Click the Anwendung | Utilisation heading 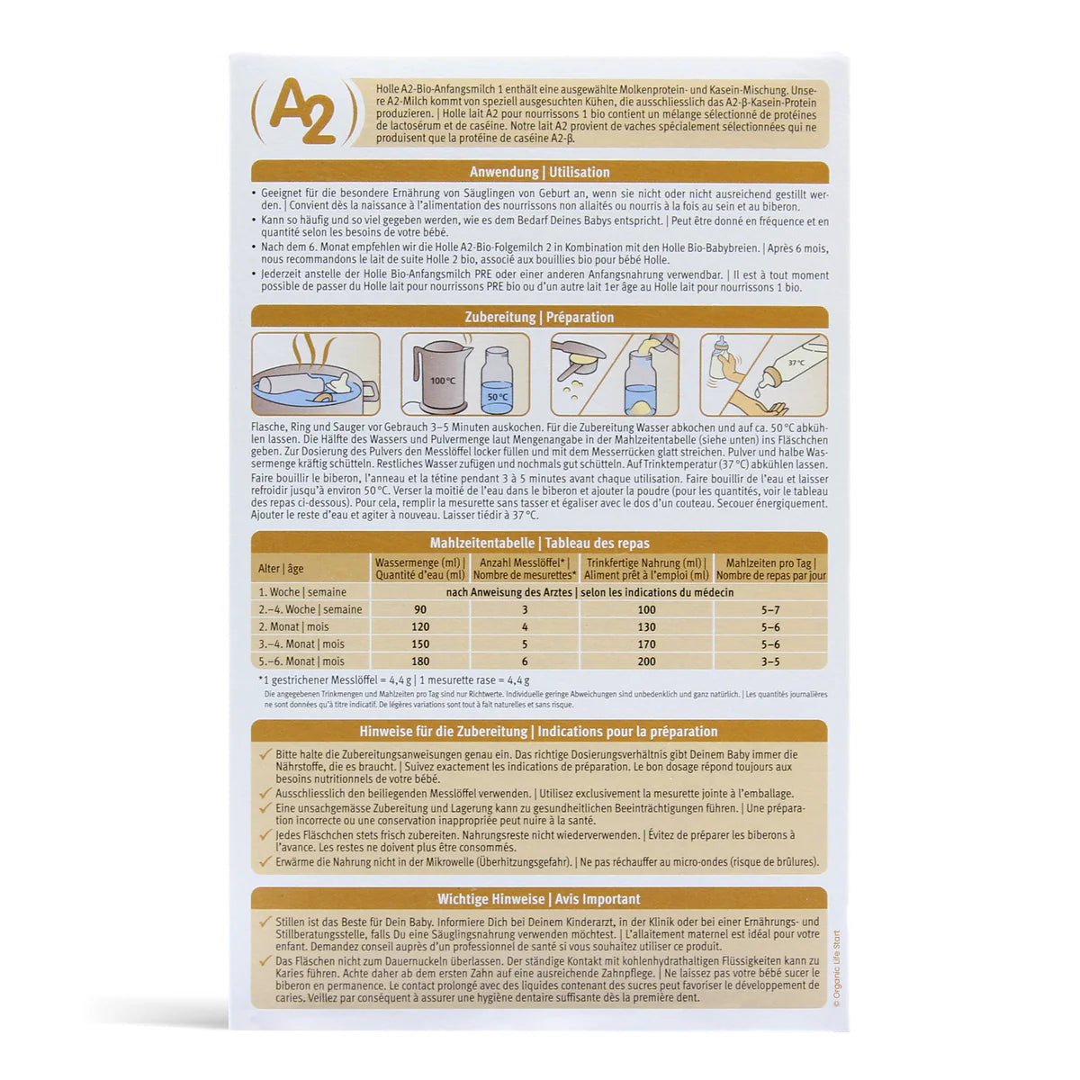(x=539, y=172)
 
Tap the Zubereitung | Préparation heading (x=539, y=317)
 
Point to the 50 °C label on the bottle (x=498, y=397)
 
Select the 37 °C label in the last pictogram (x=796, y=363)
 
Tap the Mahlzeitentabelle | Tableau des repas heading (x=539, y=543)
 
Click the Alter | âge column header (x=281, y=569)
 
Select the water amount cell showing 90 (x=419, y=609)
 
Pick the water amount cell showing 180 (x=419, y=661)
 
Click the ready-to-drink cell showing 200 (x=646, y=661)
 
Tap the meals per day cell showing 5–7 (x=769, y=609)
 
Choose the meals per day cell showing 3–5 (x=769, y=661)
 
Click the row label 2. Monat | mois (x=293, y=626)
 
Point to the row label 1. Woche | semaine (x=301, y=592)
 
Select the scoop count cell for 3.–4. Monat (x=524, y=644)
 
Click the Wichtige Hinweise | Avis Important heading (x=539, y=898)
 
